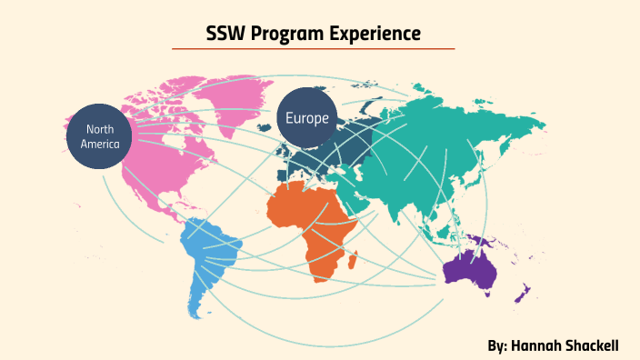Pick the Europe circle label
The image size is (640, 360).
tap(307, 118)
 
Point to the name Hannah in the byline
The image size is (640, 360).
tap(542, 346)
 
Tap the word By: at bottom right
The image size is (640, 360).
tap(497, 346)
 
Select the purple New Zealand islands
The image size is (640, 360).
tap(523, 293)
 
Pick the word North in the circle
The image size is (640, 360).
tap(99, 130)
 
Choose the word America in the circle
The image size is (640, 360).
tap(99, 144)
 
